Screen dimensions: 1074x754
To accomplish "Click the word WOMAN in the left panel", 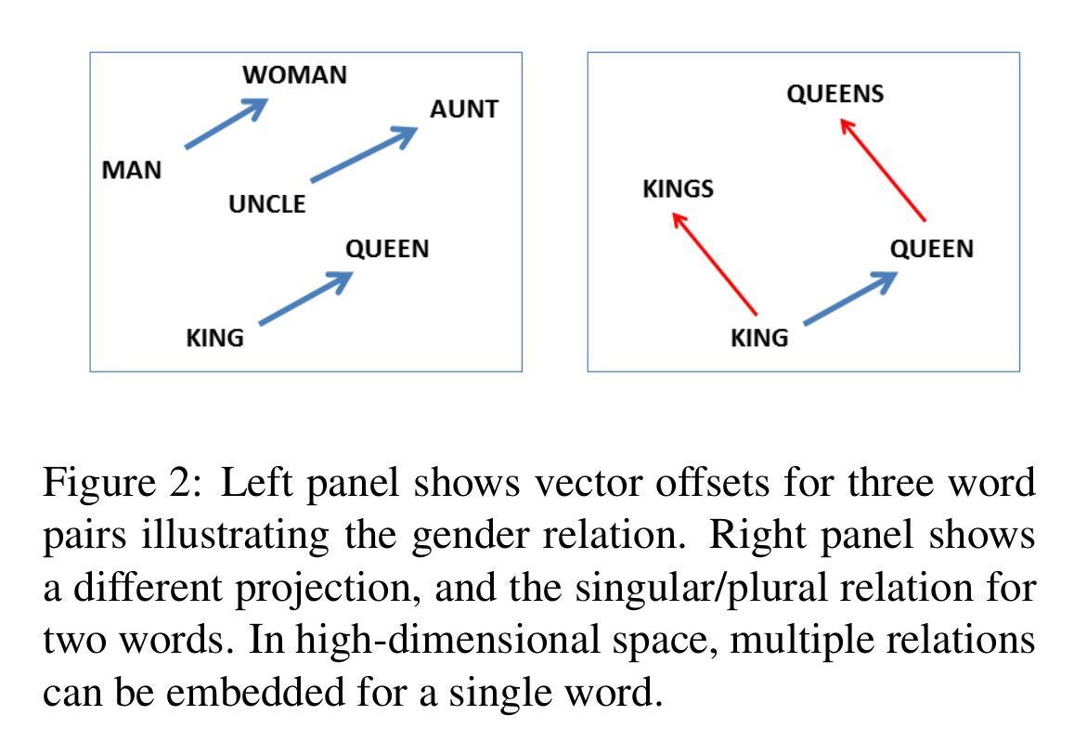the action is (294, 74).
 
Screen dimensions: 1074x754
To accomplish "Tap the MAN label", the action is (132, 170).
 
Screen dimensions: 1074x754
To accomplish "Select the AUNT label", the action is (464, 109).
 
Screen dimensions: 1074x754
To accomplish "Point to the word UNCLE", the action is (267, 204).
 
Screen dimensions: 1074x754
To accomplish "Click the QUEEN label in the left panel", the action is (387, 249).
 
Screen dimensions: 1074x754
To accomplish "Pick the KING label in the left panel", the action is (214, 338).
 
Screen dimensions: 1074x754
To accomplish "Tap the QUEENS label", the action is (835, 94).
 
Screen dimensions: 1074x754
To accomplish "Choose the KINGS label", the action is (679, 189).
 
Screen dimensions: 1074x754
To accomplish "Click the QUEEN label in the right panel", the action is (932, 249).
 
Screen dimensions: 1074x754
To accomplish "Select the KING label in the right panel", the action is (759, 338).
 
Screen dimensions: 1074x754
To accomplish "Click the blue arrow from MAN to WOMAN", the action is (226, 123).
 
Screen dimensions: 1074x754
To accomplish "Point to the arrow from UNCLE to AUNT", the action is (365, 154).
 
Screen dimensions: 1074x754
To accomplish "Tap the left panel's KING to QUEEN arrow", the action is (306, 299).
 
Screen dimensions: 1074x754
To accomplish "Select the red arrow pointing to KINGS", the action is (715, 264).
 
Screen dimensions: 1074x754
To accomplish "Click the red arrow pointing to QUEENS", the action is (882, 170).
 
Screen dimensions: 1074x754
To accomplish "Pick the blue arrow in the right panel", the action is (850, 299).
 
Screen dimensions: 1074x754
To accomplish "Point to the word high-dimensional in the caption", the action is (447, 640).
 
